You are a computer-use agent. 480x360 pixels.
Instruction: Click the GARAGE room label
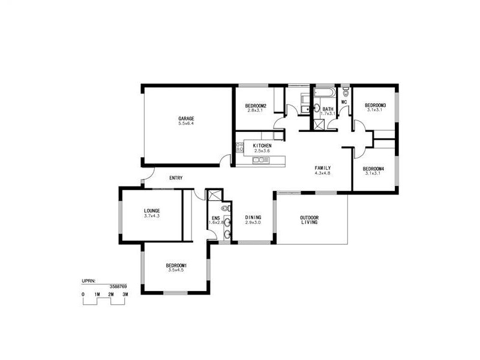(186, 118)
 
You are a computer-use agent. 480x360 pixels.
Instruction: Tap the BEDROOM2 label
(256, 106)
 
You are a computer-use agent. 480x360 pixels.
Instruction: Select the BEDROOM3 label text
(376, 106)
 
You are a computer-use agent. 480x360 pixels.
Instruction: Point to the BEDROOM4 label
(373, 169)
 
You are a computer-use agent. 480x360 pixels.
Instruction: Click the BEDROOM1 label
(177, 266)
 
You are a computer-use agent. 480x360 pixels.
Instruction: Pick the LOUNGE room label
(152, 211)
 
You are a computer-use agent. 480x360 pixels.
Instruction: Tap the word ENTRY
(176, 178)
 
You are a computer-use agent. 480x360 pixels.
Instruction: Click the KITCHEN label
(262, 146)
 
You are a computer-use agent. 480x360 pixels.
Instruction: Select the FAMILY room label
(323, 167)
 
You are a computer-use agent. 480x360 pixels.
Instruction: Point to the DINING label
(253, 217)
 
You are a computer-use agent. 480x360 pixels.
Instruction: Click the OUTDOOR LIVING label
(310, 220)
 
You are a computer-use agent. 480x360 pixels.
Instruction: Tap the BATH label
(328, 109)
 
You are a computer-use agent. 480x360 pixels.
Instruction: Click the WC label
(344, 102)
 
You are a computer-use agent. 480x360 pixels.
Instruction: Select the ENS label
(215, 218)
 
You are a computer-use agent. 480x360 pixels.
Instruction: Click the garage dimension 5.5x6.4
(186, 124)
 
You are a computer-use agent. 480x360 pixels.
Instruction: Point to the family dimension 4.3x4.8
(323, 173)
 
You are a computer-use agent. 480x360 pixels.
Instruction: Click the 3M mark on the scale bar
(125, 295)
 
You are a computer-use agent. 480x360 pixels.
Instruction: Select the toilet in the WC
(345, 93)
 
